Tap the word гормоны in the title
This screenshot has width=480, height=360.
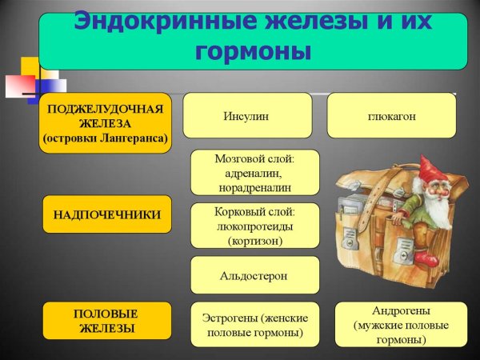coord(254,52)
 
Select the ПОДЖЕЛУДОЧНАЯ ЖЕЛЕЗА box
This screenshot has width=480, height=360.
coord(106,122)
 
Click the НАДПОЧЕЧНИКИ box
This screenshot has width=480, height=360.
coord(107,214)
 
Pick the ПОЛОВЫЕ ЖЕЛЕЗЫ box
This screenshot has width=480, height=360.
coord(107,320)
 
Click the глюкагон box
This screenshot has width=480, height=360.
coord(391,115)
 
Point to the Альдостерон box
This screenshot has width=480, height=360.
coord(254,275)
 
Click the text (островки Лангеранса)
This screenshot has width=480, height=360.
coord(106,138)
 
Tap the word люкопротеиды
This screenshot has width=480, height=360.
coord(254,227)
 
